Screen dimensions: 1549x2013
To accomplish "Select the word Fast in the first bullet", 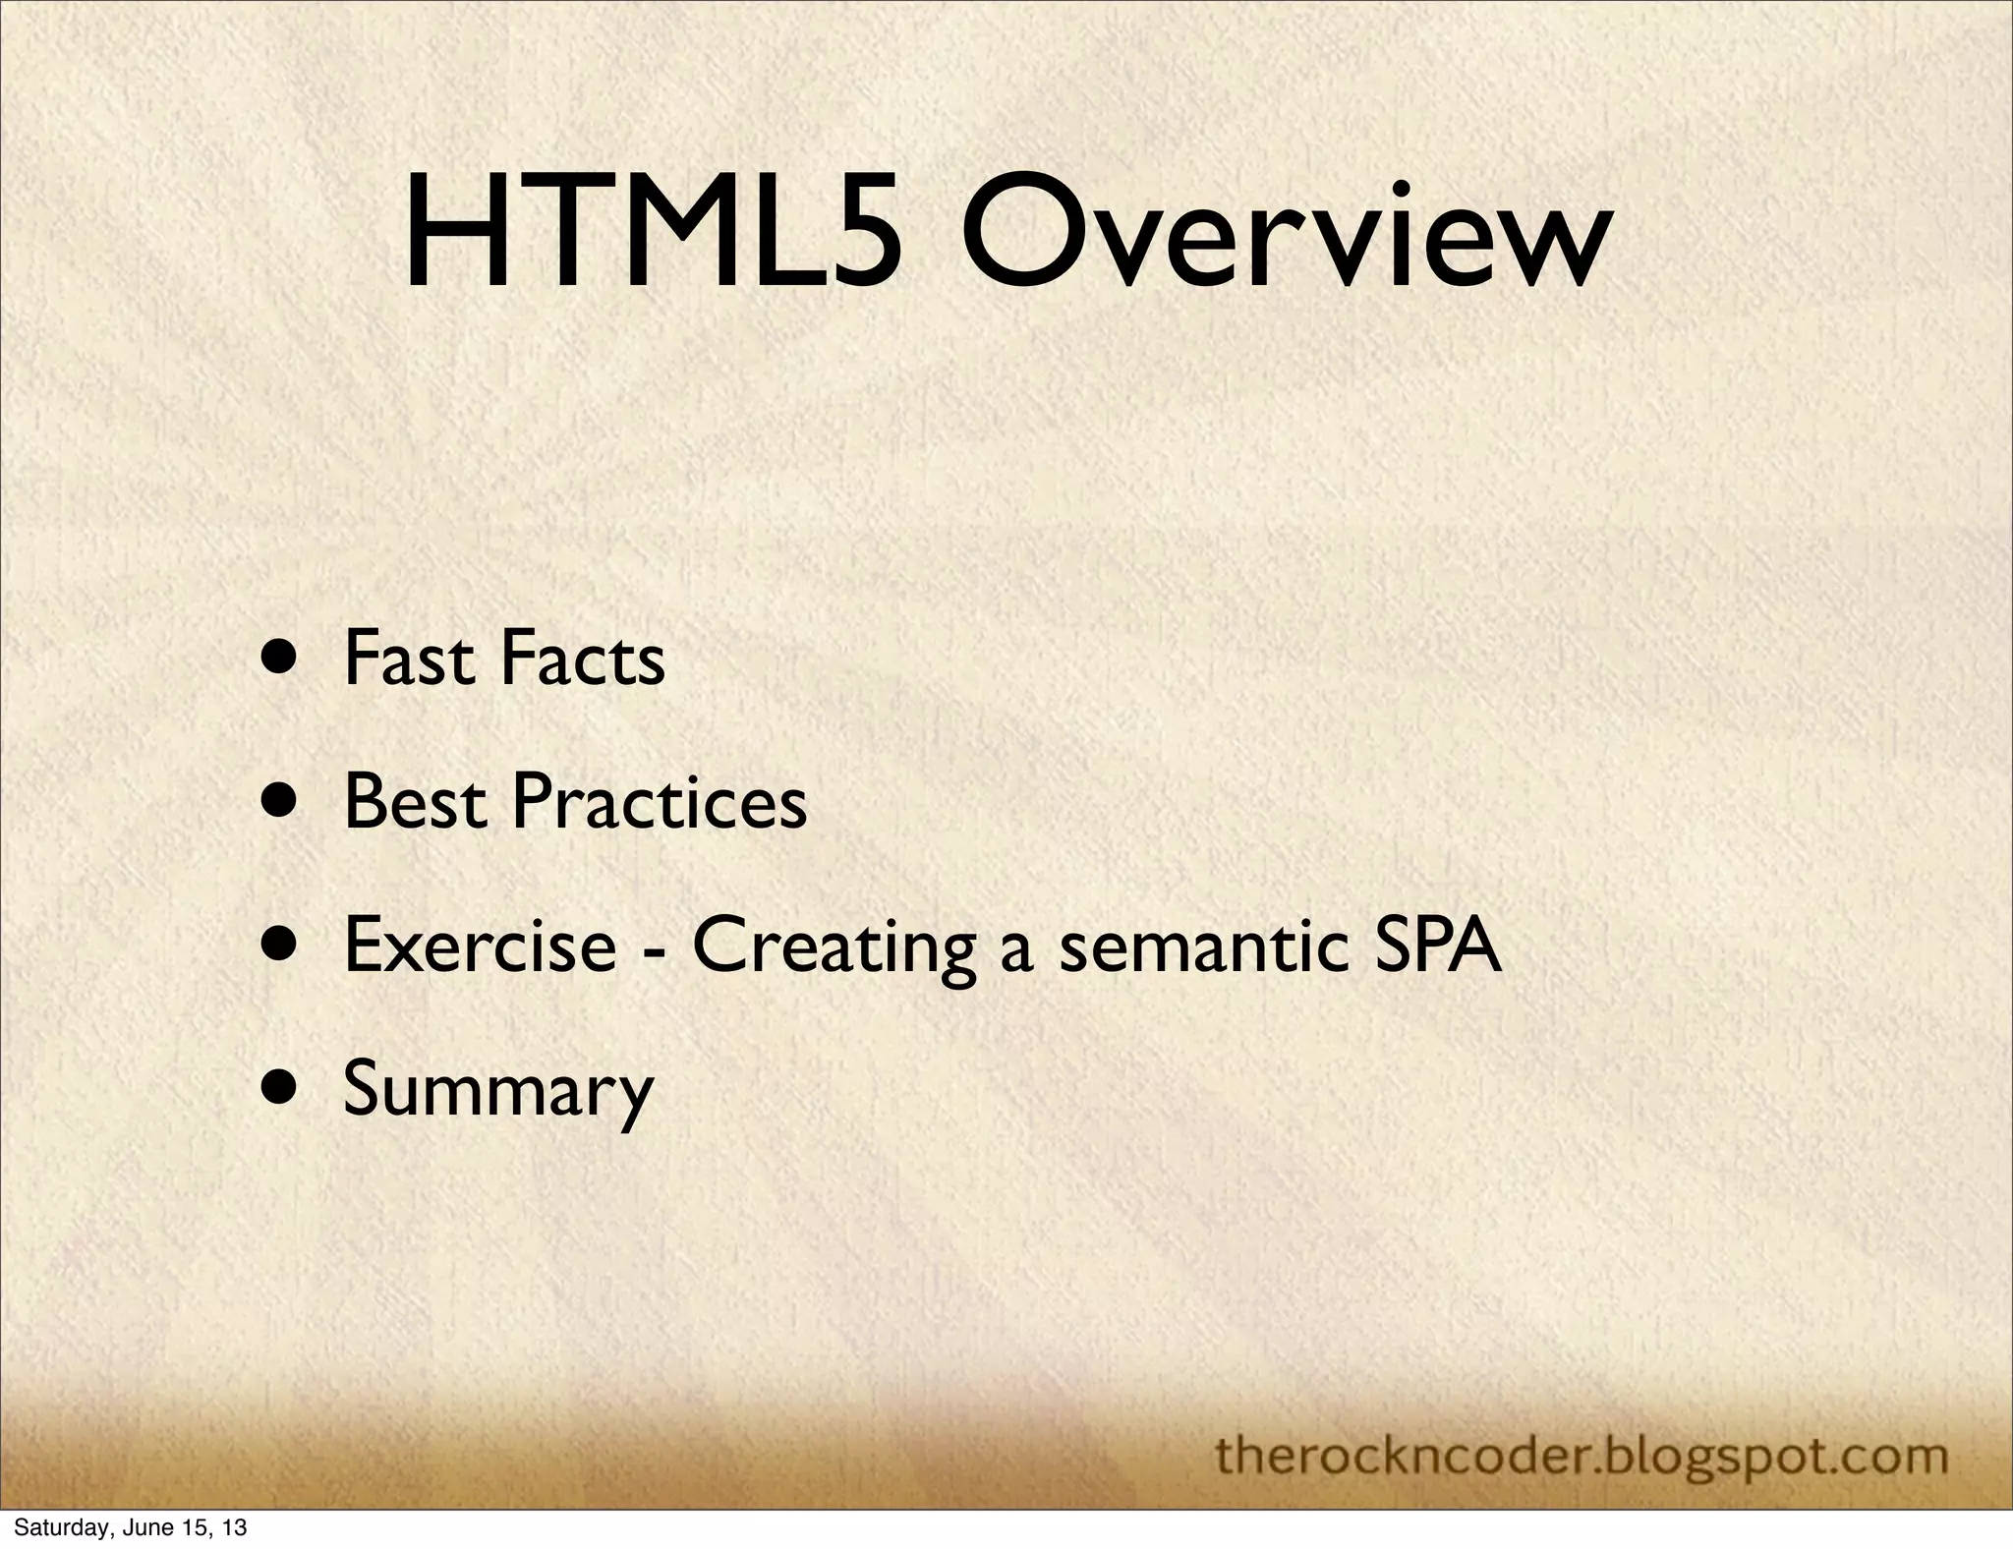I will pos(413,659).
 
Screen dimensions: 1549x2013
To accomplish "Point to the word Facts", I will pos(583,659).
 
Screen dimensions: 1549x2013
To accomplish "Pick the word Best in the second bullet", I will pos(416,802).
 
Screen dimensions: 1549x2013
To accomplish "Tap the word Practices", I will pos(660,802).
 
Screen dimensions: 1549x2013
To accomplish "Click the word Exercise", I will pos(480,946).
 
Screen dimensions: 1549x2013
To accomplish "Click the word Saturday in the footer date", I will pos(55,1528).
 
